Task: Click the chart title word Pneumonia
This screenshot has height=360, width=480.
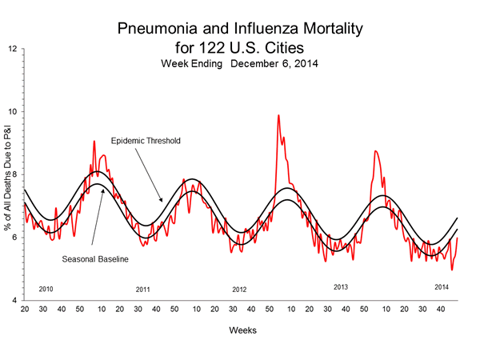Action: pyautogui.click(x=157, y=29)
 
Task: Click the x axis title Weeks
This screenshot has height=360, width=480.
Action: pyautogui.click(x=241, y=330)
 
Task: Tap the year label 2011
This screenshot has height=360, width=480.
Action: pyautogui.click(x=143, y=289)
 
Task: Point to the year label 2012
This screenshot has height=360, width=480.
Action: pyautogui.click(x=240, y=289)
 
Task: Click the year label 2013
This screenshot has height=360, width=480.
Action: pyautogui.click(x=341, y=286)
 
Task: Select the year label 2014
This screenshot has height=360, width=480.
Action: pyautogui.click(x=441, y=286)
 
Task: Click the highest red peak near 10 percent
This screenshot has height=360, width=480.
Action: pyautogui.click(x=278, y=116)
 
